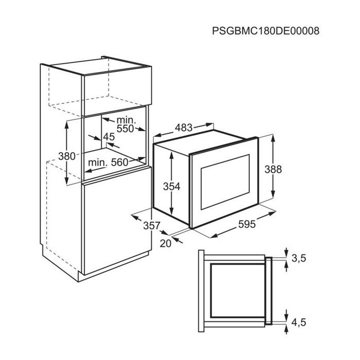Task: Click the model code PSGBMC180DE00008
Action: point(266,31)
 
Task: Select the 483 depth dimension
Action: point(184,128)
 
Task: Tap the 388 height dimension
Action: point(273,169)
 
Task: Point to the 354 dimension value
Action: point(171,186)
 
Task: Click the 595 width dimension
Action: point(247,224)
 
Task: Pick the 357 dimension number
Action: point(152,225)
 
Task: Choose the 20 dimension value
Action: point(166,243)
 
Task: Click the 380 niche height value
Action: point(66,156)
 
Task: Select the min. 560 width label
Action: point(108,163)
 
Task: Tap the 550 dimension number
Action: point(125,129)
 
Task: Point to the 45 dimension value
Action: point(109,137)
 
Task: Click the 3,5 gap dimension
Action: point(299,259)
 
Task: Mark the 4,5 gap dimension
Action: point(299,322)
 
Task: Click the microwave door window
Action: point(225,182)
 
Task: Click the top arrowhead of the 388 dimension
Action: point(273,137)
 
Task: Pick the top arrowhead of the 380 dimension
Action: point(66,124)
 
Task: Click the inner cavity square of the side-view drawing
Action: point(238,291)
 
